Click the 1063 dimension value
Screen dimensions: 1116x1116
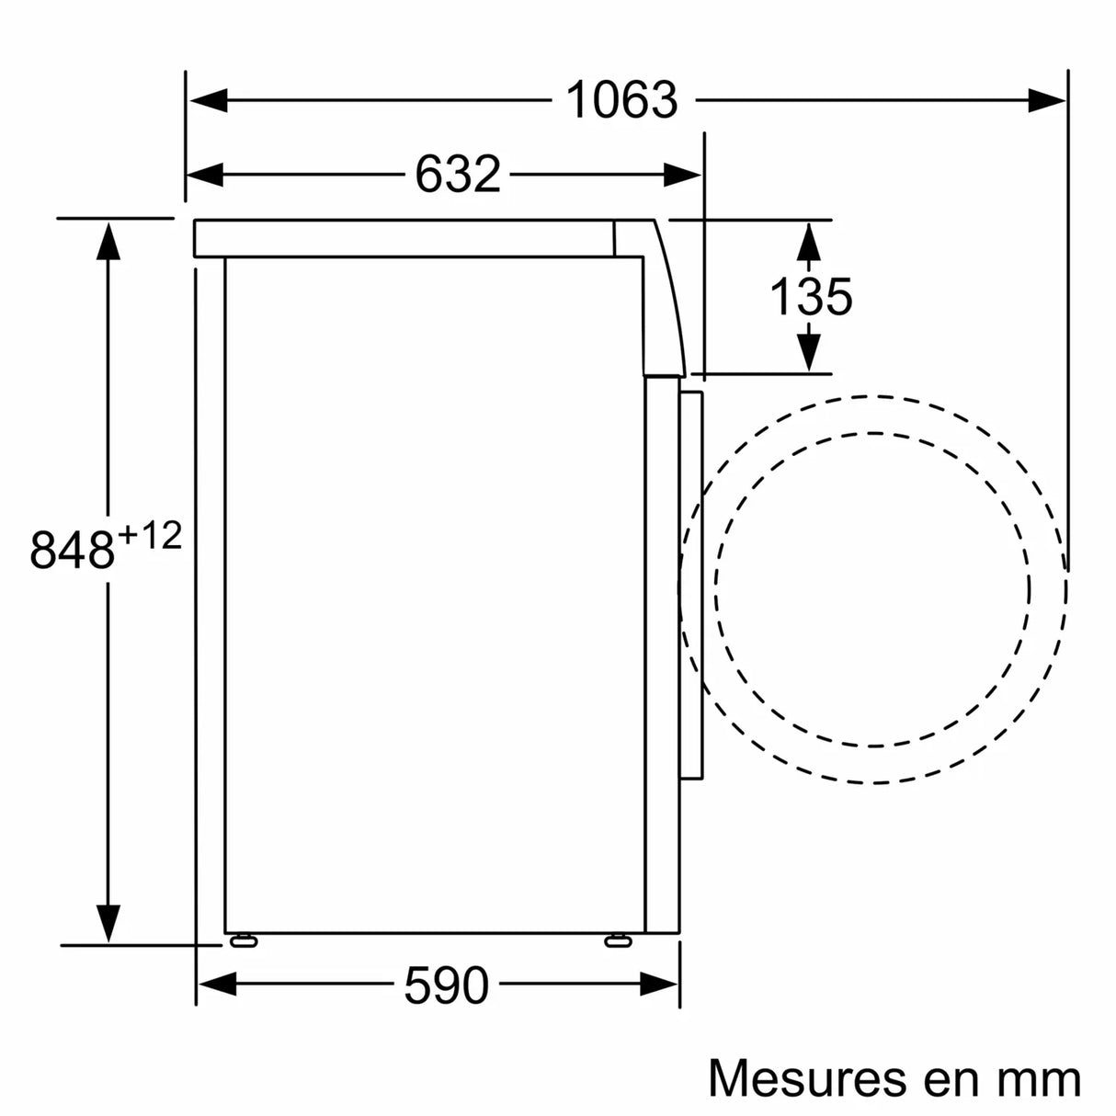click(x=621, y=100)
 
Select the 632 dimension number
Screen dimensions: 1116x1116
click(x=457, y=173)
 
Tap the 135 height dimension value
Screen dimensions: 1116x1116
click(x=810, y=297)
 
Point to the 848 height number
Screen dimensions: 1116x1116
click(x=73, y=550)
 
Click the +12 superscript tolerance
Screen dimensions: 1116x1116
click(x=149, y=535)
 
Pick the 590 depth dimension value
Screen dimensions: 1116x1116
click(x=446, y=986)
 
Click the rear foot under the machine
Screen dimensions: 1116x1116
click(x=244, y=939)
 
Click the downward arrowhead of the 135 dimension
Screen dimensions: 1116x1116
click(x=808, y=352)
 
